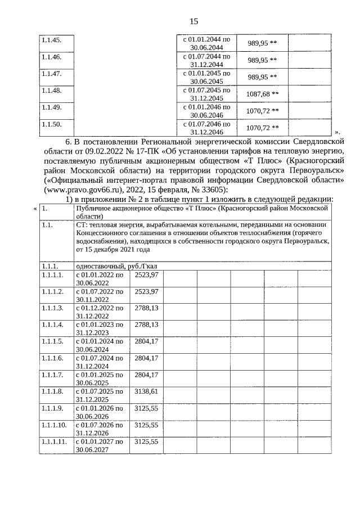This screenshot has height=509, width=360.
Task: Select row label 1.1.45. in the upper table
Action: coord(51,40)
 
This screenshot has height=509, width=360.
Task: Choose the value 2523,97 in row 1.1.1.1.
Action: coord(146,274)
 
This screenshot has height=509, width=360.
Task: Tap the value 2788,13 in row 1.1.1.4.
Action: coord(146,325)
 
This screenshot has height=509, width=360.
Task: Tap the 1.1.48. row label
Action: coord(51,90)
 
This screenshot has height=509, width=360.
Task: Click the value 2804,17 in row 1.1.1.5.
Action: coord(146,341)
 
